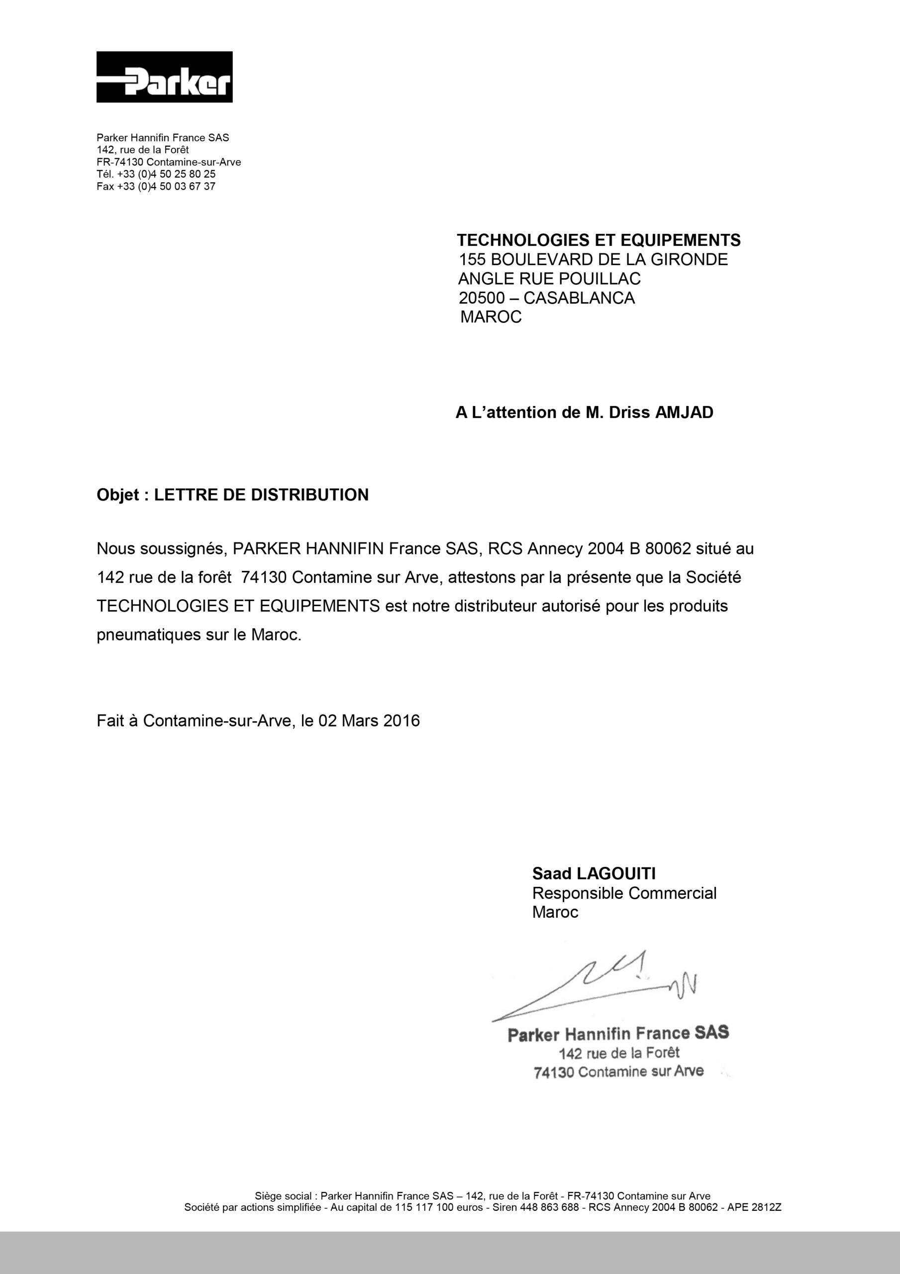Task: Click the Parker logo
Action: coord(164,77)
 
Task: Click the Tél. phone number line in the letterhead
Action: coord(156,174)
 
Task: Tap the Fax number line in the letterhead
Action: coord(155,187)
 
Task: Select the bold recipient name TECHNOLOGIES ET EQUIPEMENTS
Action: coord(598,240)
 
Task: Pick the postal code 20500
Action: coord(482,298)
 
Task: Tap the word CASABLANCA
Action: coord(579,298)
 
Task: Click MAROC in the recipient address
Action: coord(491,318)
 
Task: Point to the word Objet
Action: coord(117,495)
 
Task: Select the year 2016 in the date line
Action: coord(401,721)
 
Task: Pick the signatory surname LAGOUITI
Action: coord(616,874)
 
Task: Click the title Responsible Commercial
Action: coord(624,893)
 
